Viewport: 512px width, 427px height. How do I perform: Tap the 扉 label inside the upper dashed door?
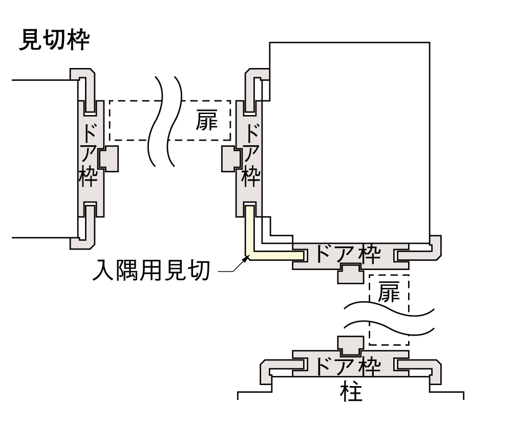(x=207, y=120)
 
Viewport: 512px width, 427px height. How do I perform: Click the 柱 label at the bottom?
(x=351, y=392)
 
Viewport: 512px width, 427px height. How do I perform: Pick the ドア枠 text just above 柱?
(x=347, y=365)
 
